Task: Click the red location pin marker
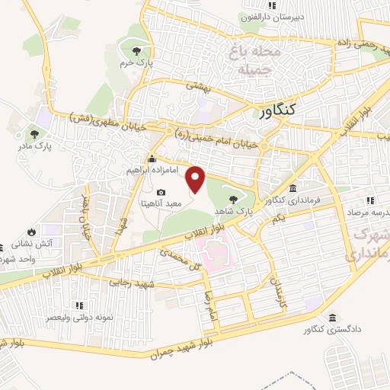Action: [196, 180]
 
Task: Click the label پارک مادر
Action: [33, 144]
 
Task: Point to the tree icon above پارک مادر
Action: [33, 132]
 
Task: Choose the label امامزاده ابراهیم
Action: [126, 170]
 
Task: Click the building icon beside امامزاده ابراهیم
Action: [152, 159]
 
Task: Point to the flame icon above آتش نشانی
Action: [31, 232]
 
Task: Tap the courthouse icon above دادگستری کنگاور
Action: [332, 317]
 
